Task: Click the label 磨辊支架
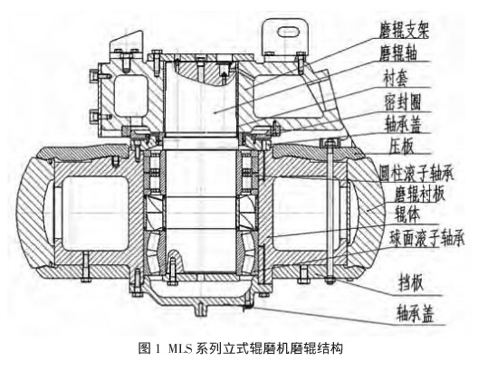(x=404, y=31)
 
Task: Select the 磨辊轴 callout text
(x=397, y=53)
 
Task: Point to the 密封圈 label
(x=402, y=102)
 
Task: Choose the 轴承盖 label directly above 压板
(x=402, y=124)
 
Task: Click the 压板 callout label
(x=401, y=146)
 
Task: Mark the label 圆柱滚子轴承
(x=416, y=174)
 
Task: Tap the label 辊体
(x=407, y=214)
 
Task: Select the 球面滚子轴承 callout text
(x=426, y=239)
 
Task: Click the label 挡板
(x=411, y=283)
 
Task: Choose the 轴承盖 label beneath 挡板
(x=415, y=314)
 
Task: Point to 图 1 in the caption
(x=149, y=348)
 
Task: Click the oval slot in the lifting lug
(x=287, y=32)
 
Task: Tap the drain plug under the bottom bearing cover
(x=200, y=309)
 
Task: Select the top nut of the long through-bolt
(x=329, y=142)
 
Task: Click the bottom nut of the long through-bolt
(x=329, y=280)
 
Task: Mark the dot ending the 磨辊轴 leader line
(x=215, y=112)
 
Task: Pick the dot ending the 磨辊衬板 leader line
(x=368, y=210)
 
